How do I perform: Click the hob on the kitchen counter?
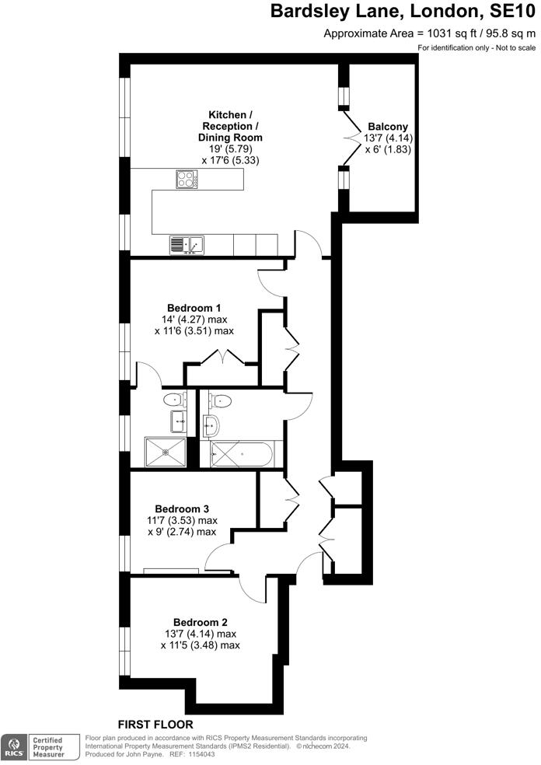pyautogui.click(x=187, y=180)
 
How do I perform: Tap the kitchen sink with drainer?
pyautogui.click(x=186, y=245)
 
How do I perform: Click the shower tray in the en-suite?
pyautogui.click(x=166, y=452)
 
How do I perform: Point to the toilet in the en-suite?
pyautogui.click(x=173, y=400)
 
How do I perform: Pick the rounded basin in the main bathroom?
pyautogui.click(x=211, y=424)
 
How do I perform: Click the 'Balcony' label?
pyautogui.click(x=388, y=127)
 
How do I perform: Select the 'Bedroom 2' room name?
pyautogui.click(x=200, y=622)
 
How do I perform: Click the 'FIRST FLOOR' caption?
pyautogui.click(x=155, y=724)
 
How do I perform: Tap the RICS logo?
pyautogui.click(x=13, y=747)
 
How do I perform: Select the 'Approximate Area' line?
pyautogui.click(x=429, y=33)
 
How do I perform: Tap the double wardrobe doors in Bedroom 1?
pyautogui.click(x=223, y=357)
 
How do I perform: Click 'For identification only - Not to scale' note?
pyautogui.click(x=476, y=48)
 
